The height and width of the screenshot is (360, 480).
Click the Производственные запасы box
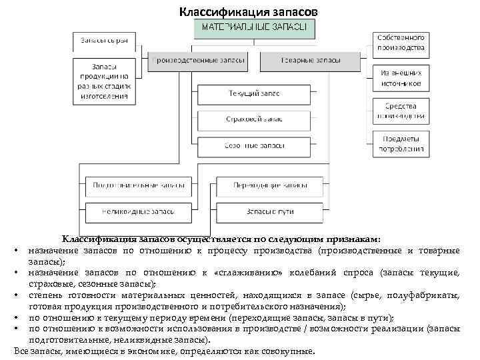coord(198,61)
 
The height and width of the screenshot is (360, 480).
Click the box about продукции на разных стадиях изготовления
coord(105,81)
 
